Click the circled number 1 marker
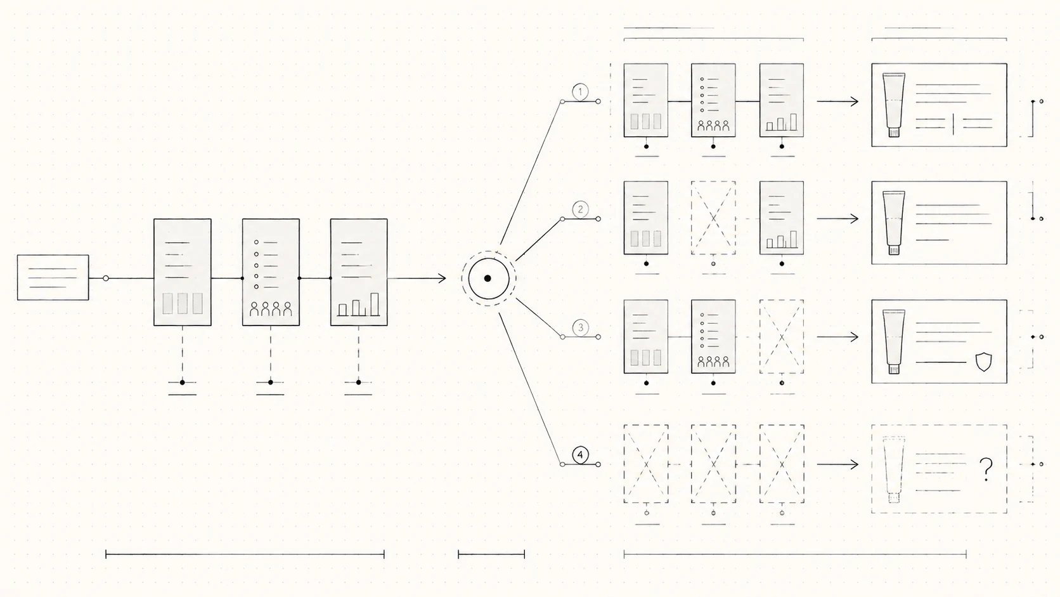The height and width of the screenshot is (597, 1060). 580,92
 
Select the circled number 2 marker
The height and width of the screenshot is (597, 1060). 580,209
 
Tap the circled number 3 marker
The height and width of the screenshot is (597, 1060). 580,327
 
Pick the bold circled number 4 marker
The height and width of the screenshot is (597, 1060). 580,455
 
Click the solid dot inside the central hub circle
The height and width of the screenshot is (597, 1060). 488,279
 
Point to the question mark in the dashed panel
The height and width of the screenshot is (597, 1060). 986,469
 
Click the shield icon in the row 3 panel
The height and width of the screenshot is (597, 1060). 984,362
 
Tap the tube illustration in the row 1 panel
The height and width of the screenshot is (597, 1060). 893,105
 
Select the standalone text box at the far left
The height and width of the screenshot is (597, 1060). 53,277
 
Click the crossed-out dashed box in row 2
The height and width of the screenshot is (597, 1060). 713,218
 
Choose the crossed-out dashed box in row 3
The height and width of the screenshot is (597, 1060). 781,337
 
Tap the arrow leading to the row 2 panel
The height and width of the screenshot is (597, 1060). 837,219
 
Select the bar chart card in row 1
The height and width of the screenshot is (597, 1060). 781,100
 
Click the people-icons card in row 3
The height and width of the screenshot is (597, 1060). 713,337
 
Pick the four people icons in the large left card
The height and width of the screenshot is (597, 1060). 271,309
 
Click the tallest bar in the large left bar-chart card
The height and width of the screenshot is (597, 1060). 374,305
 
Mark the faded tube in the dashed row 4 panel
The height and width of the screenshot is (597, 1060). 893,469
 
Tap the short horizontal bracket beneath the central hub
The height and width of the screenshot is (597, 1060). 491,554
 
